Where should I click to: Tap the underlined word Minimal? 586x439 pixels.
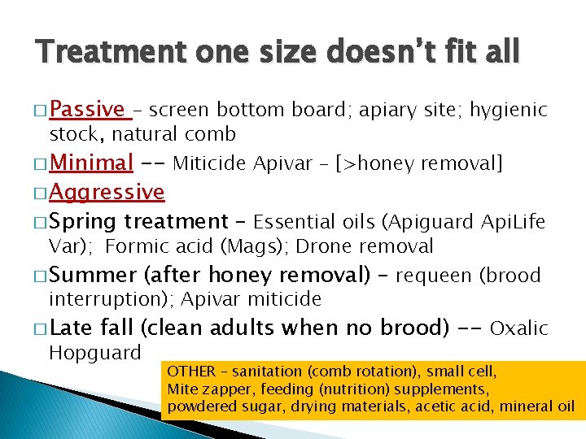coord(91,163)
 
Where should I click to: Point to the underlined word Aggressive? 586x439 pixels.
coord(107,193)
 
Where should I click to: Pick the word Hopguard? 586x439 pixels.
coord(94,353)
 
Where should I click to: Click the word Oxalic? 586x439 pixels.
coord(519,328)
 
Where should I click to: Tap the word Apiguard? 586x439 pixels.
coord(435,222)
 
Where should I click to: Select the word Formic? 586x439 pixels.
coord(136,246)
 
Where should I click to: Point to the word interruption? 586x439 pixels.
coord(106,300)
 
